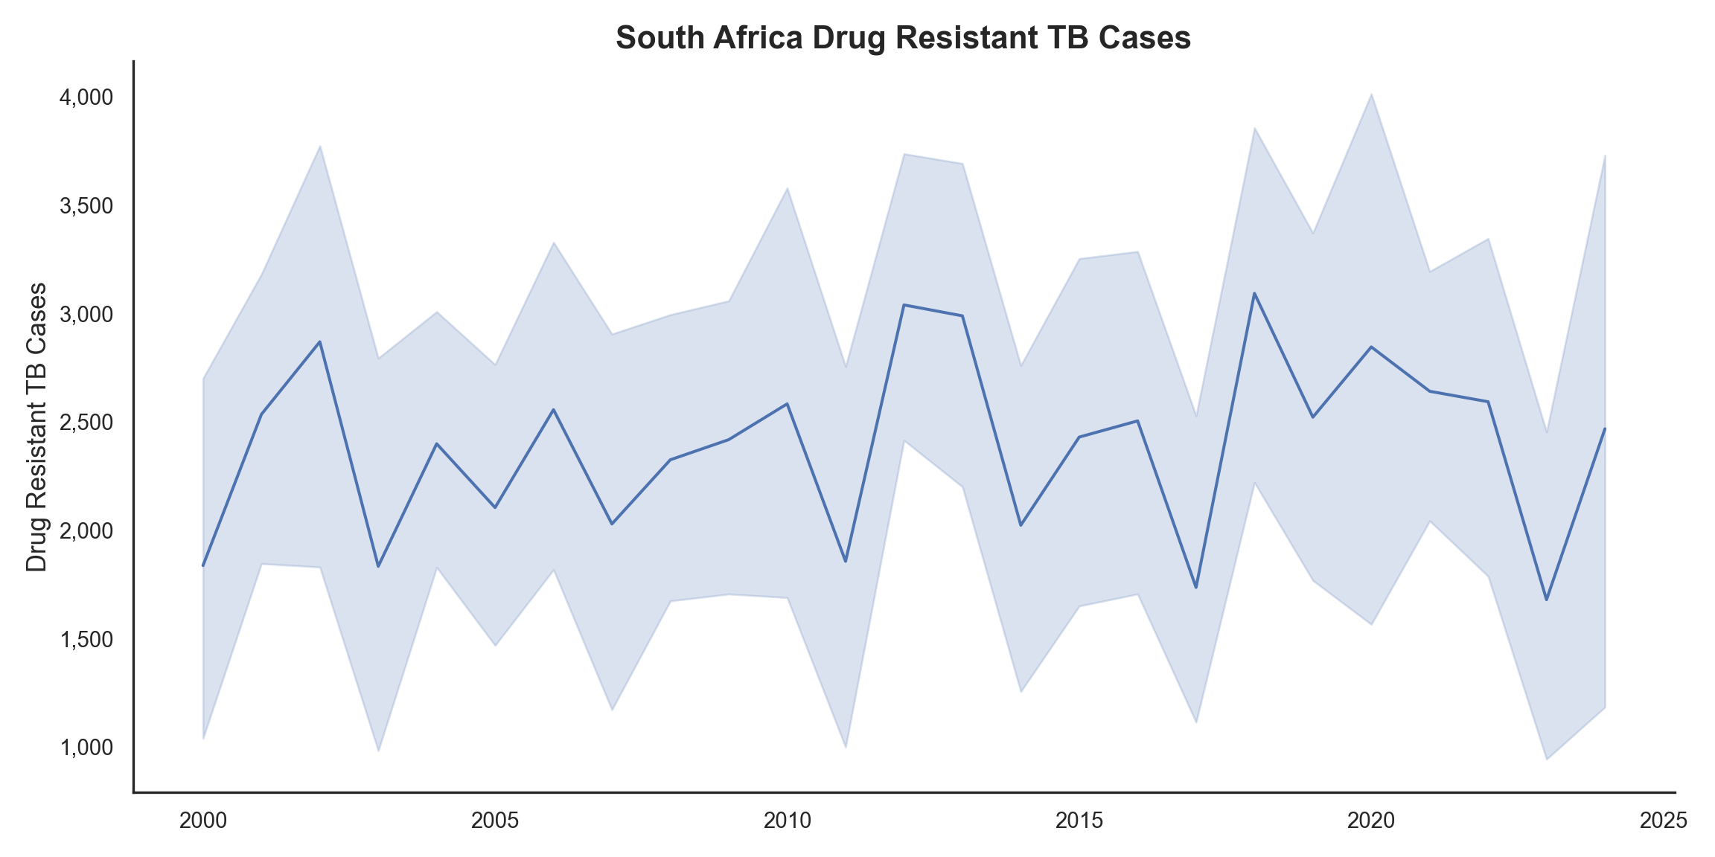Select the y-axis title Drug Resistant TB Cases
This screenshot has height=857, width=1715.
point(36,427)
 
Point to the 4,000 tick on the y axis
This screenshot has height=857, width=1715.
point(86,97)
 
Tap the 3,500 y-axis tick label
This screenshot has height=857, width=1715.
point(86,206)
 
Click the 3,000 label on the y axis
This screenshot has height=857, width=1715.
point(86,315)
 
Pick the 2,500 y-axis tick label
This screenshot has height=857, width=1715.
point(86,423)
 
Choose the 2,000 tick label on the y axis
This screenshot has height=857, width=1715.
point(86,531)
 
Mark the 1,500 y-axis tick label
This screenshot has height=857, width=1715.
point(86,640)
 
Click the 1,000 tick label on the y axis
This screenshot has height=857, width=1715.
point(86,748)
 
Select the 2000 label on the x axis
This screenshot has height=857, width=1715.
point(203,821)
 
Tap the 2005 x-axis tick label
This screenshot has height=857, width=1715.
point(495,821)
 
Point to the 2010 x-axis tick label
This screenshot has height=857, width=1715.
point(787,821)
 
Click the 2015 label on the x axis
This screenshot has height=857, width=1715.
point(1079,821)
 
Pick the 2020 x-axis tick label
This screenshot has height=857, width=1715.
point(1371,821)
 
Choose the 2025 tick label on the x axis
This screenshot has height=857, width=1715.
point(1663,821)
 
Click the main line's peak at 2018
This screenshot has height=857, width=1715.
point(1254,293)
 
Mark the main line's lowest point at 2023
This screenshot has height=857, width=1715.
point(1547,600)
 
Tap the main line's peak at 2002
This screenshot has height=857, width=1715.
point(320,342)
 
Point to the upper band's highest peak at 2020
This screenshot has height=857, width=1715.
point(1371,94)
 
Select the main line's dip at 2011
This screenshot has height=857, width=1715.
point(846,561)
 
